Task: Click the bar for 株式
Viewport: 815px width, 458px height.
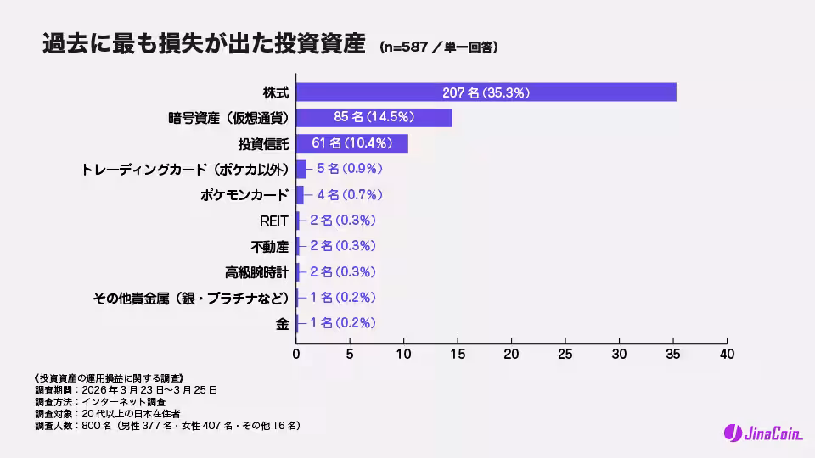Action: [486, 92]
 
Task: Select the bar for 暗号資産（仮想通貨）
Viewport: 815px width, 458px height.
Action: [374, 118]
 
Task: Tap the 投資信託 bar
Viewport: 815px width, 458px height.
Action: [351, 143]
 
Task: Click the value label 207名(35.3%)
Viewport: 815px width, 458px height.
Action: [486, 92]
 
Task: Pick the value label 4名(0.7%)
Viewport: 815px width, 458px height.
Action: [349, 194]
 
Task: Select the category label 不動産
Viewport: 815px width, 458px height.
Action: [270, 246]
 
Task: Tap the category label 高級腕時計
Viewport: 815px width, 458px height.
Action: [257, 272]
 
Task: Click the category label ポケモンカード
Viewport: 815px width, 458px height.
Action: [244, 195]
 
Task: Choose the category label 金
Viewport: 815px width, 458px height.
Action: [283, 323]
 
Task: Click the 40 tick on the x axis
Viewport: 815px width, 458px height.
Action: [727, 353]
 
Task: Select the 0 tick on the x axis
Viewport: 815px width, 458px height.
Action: [296, 353]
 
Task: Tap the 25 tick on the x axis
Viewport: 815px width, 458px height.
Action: [565, 353]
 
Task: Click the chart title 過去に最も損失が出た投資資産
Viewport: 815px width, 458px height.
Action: [204, 45]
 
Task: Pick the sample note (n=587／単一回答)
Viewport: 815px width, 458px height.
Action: [438, 47]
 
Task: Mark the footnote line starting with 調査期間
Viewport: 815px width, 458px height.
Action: [126, 389]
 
